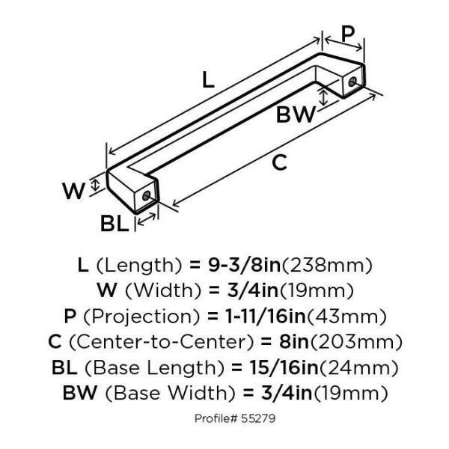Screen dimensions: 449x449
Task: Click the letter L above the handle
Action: [210, 79]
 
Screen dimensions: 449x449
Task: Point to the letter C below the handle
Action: [279, 162]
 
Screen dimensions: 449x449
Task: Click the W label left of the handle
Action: [74, 191]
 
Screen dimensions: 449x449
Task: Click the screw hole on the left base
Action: [147, 198]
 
